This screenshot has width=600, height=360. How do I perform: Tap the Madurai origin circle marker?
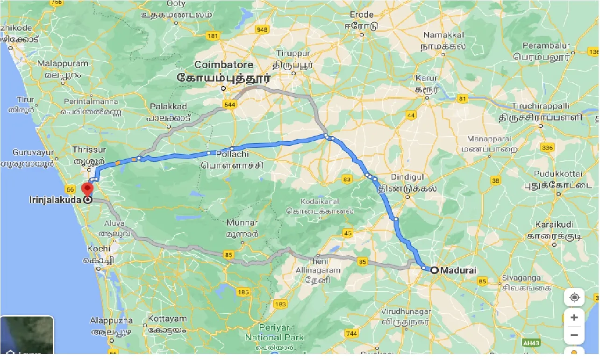[434, 270]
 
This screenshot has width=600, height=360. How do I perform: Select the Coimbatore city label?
[224, 65]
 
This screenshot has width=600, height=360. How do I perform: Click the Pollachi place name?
[232, 154]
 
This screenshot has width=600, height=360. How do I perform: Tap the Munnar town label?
[242, 223]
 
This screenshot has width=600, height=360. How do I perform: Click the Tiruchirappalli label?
[540, 106]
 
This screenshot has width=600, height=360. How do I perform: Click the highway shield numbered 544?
[230, 105]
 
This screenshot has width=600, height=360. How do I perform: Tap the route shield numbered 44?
[411, 115]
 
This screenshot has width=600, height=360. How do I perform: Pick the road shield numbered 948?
[262, 30]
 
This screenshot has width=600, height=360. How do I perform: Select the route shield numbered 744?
[352, 333]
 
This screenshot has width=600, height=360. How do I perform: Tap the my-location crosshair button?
[574, 297]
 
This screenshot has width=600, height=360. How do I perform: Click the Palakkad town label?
[168, 107]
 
